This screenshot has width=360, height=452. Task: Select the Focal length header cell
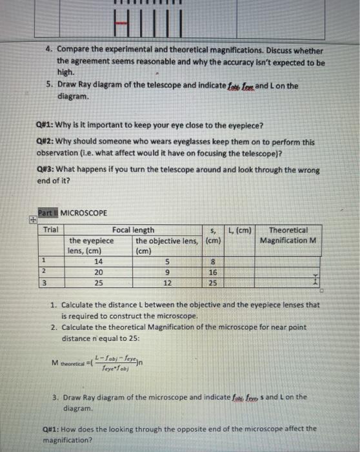[x=133, y=230]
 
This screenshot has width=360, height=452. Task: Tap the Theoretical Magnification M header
[x=288, y=235]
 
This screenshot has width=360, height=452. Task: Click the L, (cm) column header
[x=241, y=230]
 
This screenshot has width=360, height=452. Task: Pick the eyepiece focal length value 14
[x=98, y=262]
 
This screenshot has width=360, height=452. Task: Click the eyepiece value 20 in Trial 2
[x=98, y=272]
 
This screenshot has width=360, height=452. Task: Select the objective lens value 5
[x=166, y=262]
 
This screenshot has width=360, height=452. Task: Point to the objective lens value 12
[x=166, y=283]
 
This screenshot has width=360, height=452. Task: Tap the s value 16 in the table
[x=213, y=272]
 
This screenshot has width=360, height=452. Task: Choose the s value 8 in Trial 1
[x=213, y=262]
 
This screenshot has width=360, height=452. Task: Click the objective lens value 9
[x=166, y=272]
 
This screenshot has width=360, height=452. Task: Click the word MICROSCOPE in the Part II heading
[x=84, y=212]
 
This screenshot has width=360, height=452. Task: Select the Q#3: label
[x=48, y=170]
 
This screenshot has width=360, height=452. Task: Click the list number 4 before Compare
[x=48, y=50]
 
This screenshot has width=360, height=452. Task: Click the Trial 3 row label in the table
[x=43, y=283]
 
